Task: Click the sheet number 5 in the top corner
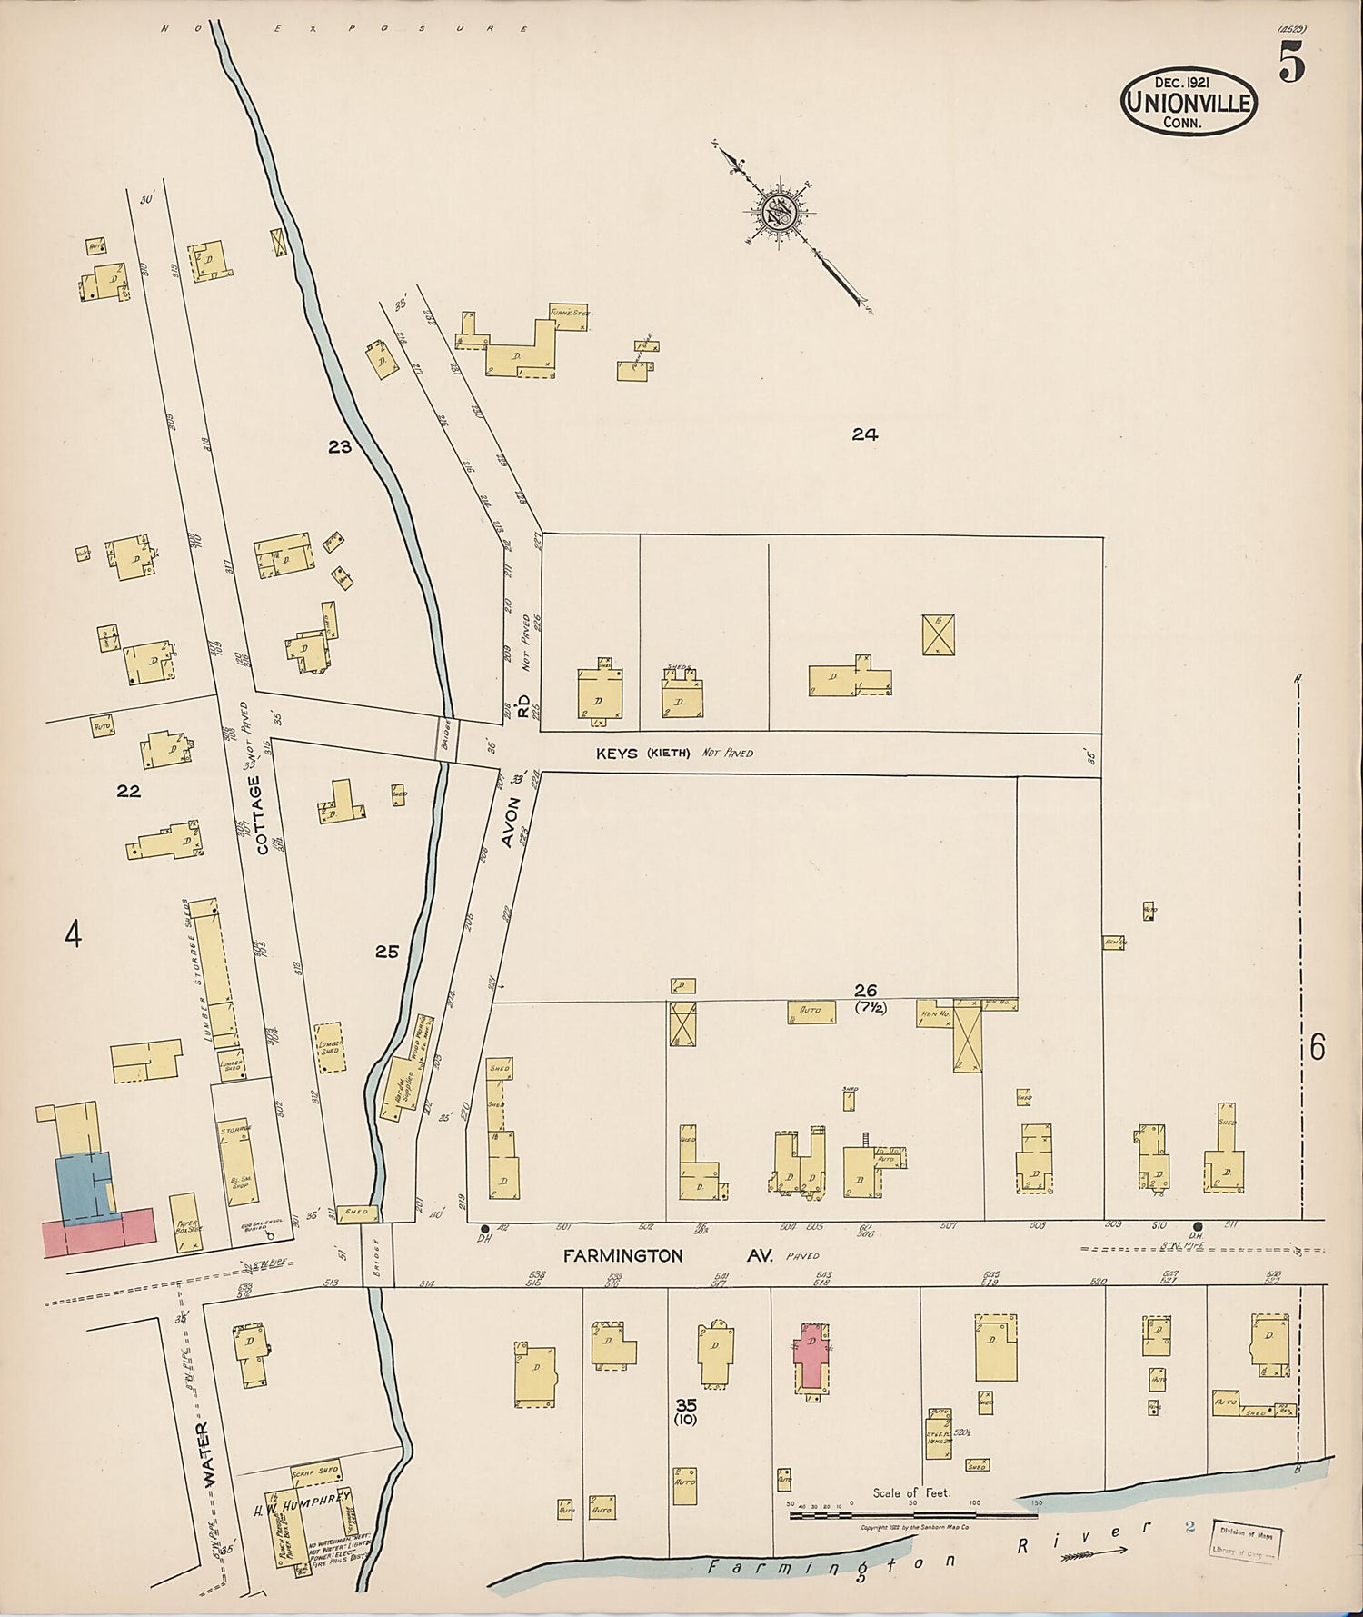(x=1292, y=65)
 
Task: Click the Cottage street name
(x=264, y=814)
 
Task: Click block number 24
(x=864, y=434)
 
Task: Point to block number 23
(x=340, y=446)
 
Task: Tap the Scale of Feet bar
(x=912, y=1516)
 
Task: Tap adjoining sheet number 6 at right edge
(x=1317, y=1048)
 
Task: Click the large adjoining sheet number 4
(x=74, y=934)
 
